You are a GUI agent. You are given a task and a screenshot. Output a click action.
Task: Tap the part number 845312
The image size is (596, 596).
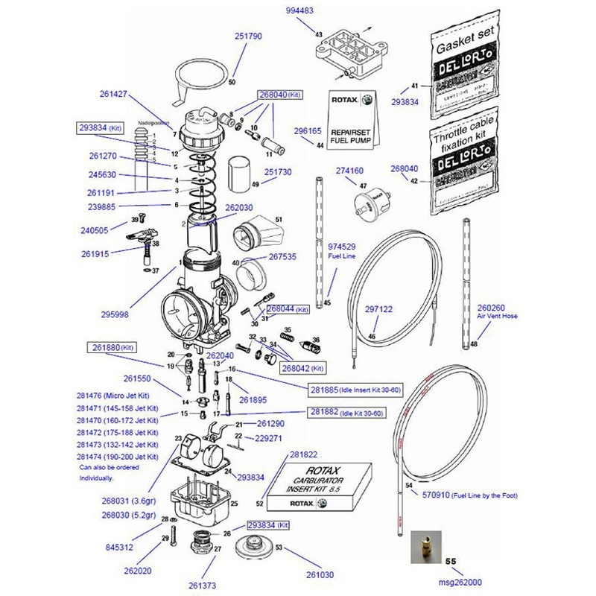pyautogui.click(x=120, y=547)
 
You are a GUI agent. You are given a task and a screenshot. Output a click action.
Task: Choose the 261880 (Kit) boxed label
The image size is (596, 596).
pyautogui.click(x=112, y=347)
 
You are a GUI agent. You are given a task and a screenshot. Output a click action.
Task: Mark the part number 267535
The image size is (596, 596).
pyautogui.click(x=282, y=257)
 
